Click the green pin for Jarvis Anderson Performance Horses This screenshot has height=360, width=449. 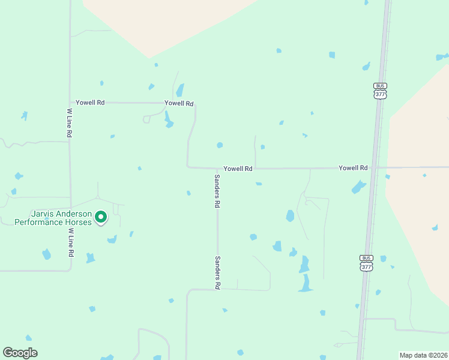[x=101, y=217]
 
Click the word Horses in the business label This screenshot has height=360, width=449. [x=80, y=222]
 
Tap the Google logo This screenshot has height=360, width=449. [x=20, y=353]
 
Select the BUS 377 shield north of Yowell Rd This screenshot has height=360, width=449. [x=380, y=91]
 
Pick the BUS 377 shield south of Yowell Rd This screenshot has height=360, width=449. [x=366, y=263]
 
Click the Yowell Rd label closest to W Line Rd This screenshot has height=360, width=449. [x=91, y=103]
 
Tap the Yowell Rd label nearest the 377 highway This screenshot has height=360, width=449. [x=353, y=168]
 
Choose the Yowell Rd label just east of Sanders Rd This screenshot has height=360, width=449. [x=238, y=169]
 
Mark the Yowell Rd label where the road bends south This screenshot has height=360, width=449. [x=179, y=103]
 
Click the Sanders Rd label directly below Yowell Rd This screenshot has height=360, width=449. [x=217, y=191]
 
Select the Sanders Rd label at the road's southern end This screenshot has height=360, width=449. [x=217, y=273]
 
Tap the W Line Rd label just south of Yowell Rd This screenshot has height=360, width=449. [x=70, y=123]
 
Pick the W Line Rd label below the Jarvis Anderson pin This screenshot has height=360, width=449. [x=70, y=242]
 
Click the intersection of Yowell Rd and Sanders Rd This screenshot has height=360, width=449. [x=217, y=169]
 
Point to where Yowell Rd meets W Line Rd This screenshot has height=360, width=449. [x=70, y=103]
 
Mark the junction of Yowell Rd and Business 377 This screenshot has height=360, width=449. [x=373, y=168]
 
